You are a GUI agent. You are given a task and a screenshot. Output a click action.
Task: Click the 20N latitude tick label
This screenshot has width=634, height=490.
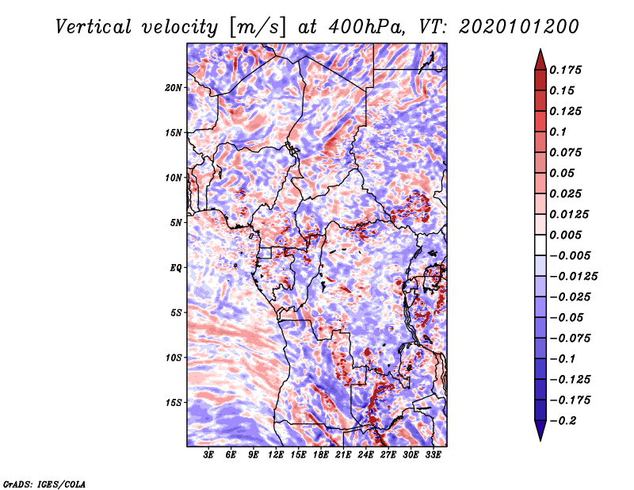pos(174,87)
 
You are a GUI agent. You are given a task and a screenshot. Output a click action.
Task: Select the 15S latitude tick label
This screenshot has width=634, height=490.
pos(174,403)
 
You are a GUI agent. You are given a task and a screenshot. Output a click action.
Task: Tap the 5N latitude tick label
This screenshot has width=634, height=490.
pos(176,223)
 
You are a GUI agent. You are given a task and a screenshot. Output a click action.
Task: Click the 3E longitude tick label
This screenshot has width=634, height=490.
pos(209,455)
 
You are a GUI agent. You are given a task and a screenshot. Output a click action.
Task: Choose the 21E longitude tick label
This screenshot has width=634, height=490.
pos(343,455)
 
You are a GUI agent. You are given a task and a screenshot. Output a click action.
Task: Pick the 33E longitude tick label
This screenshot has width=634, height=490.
pos(433,455)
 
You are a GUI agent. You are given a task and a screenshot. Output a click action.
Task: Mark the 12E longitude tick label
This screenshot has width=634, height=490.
pos(276,455)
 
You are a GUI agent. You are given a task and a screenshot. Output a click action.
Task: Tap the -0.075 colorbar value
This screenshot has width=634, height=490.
pos(571,339)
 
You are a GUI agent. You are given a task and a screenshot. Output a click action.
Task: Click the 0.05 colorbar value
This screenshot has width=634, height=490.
pos(563,173)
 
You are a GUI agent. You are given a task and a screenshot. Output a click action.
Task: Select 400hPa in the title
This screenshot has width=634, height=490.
pos(351,27)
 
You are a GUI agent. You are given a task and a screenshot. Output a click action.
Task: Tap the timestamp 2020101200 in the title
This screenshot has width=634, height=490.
pos(506,27)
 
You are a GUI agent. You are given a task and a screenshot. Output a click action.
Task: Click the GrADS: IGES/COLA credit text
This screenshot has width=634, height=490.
pos(44,483)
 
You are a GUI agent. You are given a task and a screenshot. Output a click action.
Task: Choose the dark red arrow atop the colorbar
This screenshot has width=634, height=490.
pos(539,57)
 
